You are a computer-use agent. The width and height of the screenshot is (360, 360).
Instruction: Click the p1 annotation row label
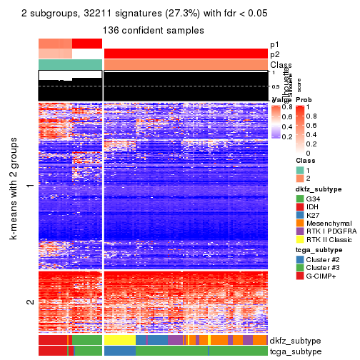pos(275,44)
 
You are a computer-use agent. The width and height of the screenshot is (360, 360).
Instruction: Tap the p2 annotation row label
pos(275,54)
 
